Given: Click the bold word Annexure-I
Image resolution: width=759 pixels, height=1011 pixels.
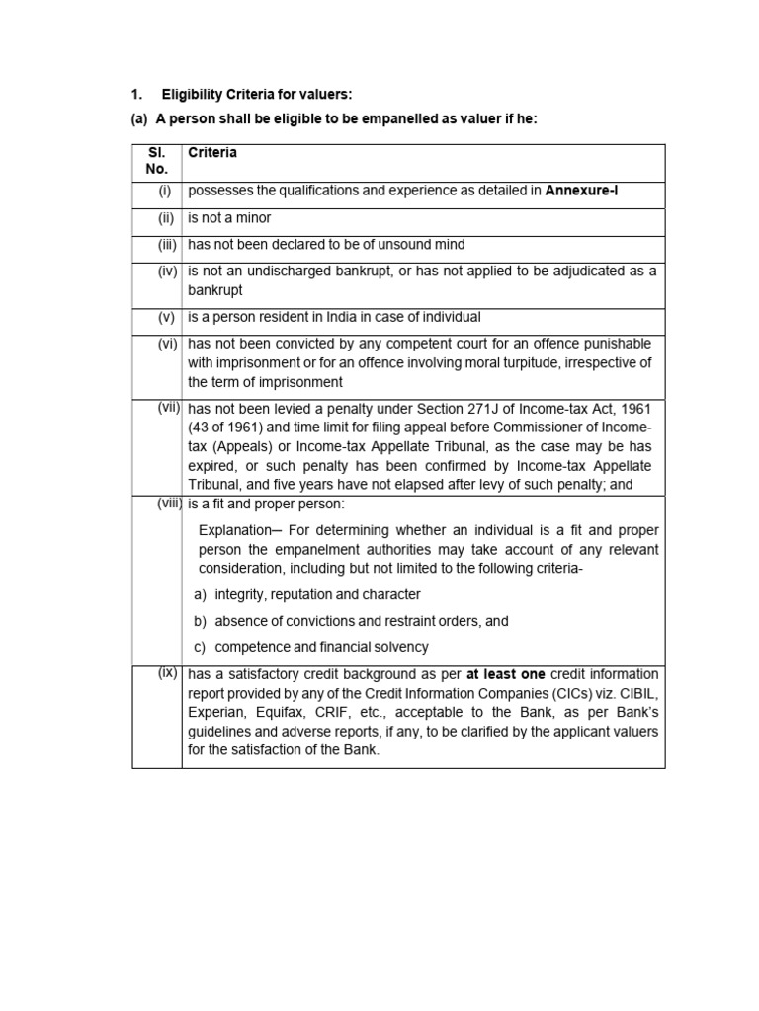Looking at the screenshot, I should (581, 192).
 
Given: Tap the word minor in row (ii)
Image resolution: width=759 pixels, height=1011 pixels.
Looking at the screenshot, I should (252, 218).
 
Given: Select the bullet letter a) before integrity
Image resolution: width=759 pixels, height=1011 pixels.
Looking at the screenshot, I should (200, 594).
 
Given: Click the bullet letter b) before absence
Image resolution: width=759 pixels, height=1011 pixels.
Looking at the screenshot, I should (200, 621).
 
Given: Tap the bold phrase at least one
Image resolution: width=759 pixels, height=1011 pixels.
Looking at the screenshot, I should (506, 674).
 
